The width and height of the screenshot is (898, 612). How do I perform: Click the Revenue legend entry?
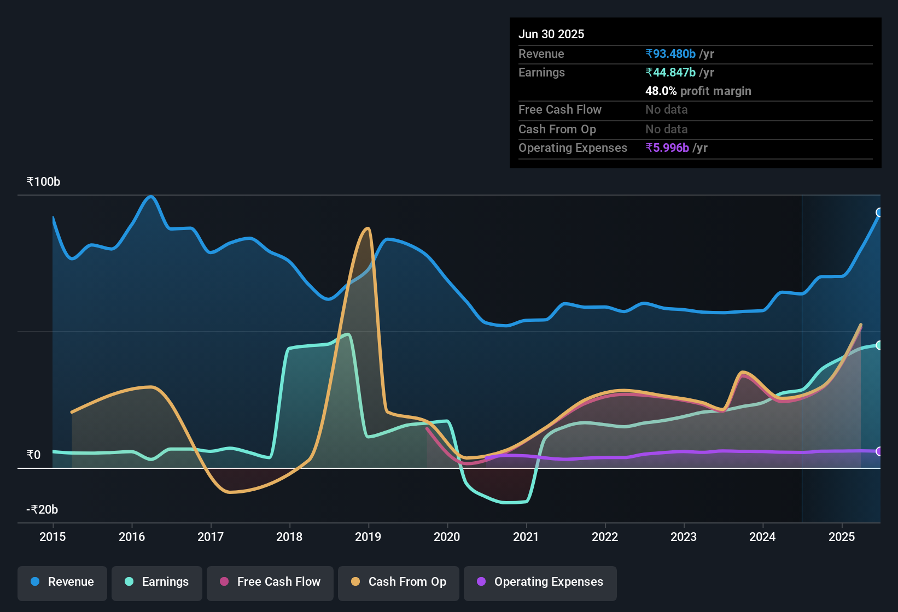[x=62, y=582]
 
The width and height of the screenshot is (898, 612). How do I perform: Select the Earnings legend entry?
[x=157, y=582]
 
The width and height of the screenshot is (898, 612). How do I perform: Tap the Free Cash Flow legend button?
[x=270, y=582]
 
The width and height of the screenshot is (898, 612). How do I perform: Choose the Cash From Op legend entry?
[x=399, y=582]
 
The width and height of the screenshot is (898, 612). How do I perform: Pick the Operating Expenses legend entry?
[x=540, y=582]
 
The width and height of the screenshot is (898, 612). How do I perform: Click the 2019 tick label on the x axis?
[x=368, y=537]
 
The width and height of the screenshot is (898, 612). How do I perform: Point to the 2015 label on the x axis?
[x=53, y=537]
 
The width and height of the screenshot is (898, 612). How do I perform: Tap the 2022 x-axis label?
[x=605, y=537]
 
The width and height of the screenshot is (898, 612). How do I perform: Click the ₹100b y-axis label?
[x=43, y=182]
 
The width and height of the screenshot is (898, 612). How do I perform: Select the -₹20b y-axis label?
[x=42, y=510]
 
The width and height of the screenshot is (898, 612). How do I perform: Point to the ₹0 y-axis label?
[x=33, y=455]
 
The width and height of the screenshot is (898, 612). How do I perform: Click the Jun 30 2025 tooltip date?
[x=551, y=34]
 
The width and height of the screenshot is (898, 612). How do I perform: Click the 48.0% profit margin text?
[x=698, y=91]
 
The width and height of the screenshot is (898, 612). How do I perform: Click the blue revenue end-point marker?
[x=879, y=213]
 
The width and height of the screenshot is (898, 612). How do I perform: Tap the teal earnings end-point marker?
[x=879, y=345]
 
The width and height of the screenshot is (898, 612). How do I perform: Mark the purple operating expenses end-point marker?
[x=879, y=451]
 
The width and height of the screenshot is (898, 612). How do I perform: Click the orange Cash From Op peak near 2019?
[x=368, y=229]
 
